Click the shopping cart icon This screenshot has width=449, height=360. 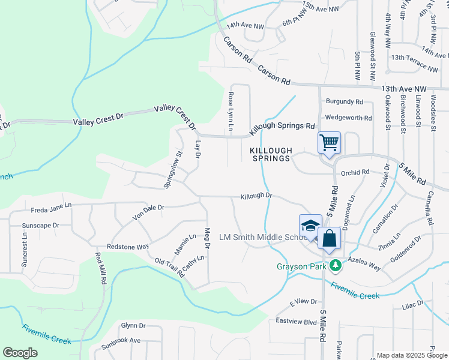pos(329,143)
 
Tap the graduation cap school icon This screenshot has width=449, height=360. pos(310,226)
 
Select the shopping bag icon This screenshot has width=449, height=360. pos(330,238)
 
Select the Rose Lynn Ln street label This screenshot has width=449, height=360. pos(231,112)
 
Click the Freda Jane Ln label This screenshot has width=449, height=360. pos(51,206)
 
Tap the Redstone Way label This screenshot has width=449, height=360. pos(127,247)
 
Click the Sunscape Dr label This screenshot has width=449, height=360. pos(40,226)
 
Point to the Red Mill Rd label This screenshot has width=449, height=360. pos(100,268)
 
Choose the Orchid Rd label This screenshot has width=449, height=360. pos(355,172)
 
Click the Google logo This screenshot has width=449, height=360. pos(19,353)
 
